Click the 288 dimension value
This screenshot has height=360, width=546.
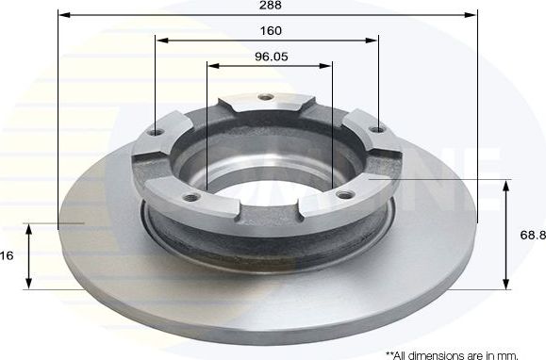click(269, 5)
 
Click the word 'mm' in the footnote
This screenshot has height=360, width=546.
click(509, 354)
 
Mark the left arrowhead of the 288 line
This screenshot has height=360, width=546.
click(63, 15)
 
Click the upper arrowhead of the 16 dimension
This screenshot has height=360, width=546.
click(30, 229)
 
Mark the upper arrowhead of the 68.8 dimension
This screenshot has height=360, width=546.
click(506, 186)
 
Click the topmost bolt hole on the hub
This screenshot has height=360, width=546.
click(266, 97)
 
